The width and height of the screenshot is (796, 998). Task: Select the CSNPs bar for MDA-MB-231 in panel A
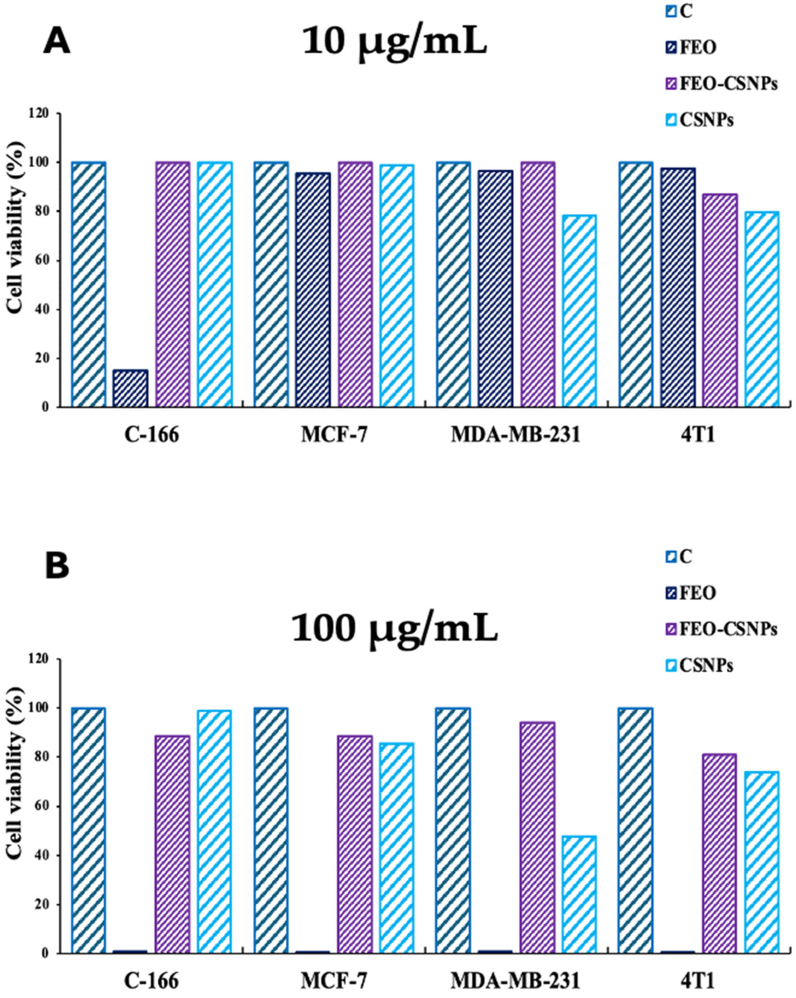coord(580,311)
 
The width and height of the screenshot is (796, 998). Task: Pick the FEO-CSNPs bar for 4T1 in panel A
coord(720,301)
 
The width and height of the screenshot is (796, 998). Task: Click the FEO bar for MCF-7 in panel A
coord(313,290)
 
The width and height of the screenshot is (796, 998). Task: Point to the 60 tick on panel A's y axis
coord(46,261)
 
